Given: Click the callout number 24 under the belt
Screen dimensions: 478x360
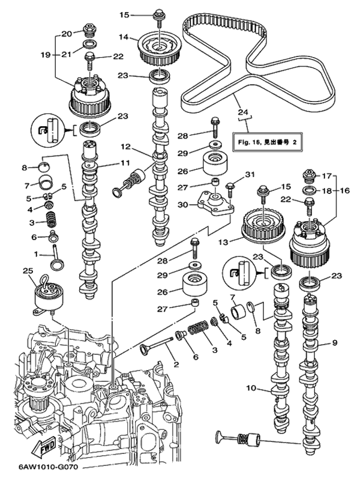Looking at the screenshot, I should click(242, 112).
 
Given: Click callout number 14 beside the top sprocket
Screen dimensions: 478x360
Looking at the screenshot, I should click(123, 37).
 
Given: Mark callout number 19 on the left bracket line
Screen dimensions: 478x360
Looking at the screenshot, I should click(46, 54).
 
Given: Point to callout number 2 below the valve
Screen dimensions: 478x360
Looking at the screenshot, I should click(176, 364).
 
